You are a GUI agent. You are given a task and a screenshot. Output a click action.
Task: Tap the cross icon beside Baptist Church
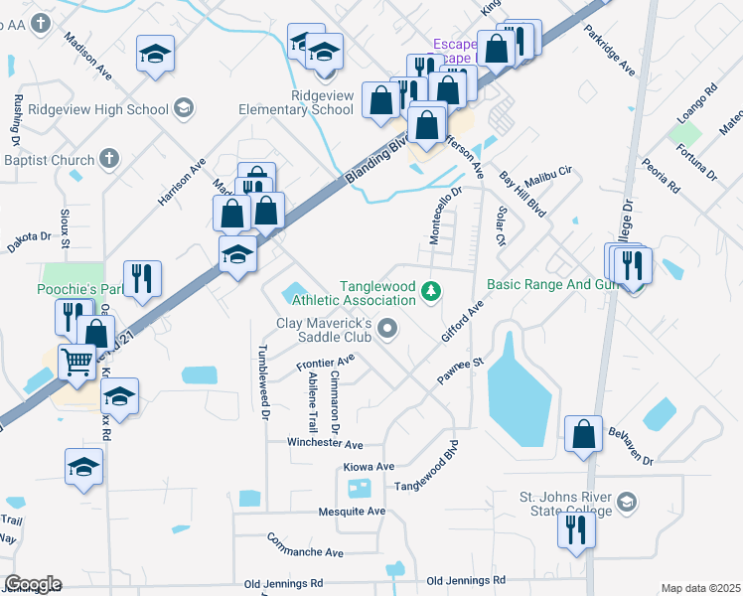[x=109, y=158]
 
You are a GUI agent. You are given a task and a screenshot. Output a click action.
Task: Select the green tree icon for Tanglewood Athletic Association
[x=431, y=291]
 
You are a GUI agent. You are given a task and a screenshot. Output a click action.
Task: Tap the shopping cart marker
[x=77, y=362]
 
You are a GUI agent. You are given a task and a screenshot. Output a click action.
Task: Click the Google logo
[x=33, y=584]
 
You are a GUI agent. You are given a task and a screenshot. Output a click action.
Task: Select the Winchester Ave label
[x=325, y=443]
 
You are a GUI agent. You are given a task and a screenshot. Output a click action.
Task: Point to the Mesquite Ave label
[x=351, y=512]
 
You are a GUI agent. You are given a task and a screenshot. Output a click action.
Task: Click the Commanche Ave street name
[x=305, y=545]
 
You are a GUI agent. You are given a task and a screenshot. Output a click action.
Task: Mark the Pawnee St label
[x=459, y=372]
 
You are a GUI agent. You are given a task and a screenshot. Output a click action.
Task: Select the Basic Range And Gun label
[x=551, y=284]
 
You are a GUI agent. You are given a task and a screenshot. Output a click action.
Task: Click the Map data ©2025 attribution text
[x=700, y=588]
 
